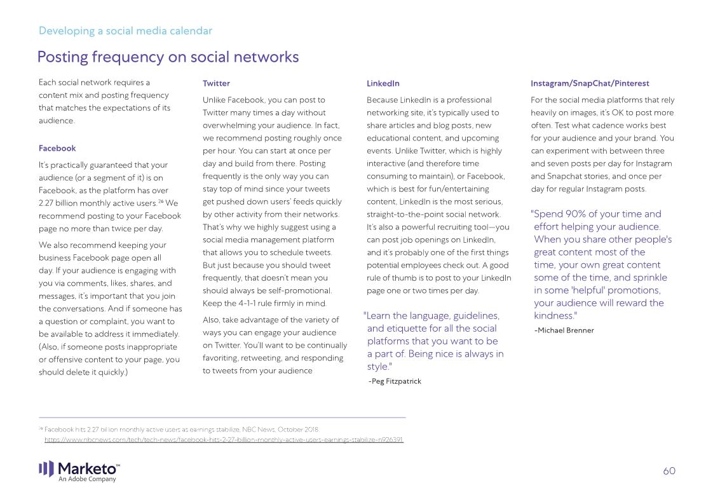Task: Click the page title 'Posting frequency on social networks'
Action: tap(168, 57)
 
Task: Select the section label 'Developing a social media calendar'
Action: tap(125, 31)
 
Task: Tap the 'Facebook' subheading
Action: tap(57, 148)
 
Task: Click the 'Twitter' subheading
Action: tap(216, 83)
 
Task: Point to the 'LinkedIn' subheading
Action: tap(383, 83)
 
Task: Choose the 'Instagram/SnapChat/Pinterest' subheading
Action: tap(590, 83)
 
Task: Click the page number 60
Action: tap(669, 471)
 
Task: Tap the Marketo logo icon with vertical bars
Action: tap(46, 469)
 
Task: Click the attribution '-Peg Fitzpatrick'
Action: tap(395, 381)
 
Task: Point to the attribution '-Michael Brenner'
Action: tap(564, 330)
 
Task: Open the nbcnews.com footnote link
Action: tap(224, 440)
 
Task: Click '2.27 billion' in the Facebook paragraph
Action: tap(60, 203)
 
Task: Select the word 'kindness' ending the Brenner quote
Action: tap(553, 316)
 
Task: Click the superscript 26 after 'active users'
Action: tap(161, 201)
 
